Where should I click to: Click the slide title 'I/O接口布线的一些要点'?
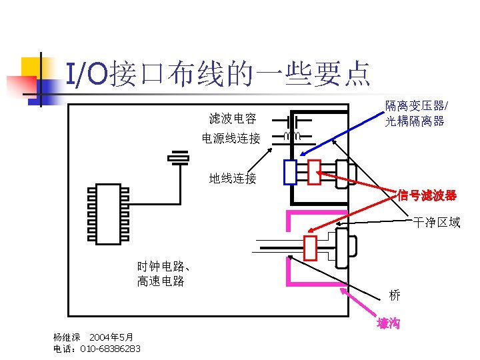[217, 73]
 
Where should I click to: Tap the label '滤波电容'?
[233, 119]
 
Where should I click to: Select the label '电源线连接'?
[231, 139]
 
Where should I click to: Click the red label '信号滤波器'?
[427, 195]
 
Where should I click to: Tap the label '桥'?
[395, 295]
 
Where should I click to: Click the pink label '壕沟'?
[388, 323]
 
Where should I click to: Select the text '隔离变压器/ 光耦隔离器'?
[415, 113]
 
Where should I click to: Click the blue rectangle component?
[290, 172]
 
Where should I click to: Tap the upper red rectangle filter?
[314, 172]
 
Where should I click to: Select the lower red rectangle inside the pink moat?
[310, 248]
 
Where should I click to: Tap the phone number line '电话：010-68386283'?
[97, 349]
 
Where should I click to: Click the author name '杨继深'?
[67, 337]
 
